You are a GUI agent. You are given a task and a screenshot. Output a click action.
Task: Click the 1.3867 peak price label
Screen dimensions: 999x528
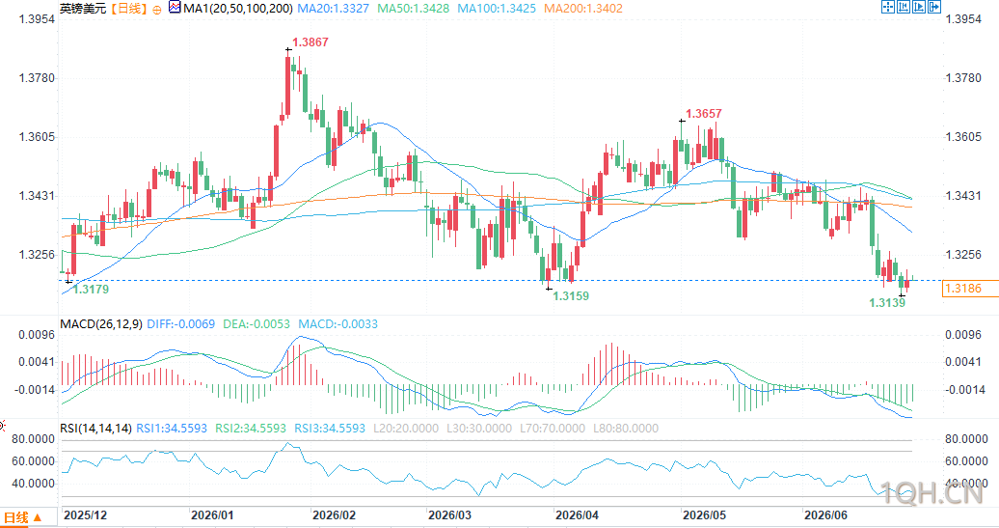(310, 42)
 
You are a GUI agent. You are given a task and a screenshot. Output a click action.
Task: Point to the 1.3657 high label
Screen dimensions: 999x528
(703, 114)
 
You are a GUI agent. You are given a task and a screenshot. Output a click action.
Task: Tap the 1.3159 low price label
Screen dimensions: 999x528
(571, 296)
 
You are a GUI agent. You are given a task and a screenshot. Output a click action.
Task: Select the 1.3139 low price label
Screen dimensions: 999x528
(887, 303)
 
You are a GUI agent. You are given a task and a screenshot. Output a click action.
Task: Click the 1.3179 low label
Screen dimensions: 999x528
(91, 290)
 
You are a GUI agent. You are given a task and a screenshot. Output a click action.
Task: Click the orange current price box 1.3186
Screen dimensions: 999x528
(963, 289)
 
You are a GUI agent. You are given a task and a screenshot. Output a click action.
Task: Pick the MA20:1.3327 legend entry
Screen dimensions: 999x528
(334, 9)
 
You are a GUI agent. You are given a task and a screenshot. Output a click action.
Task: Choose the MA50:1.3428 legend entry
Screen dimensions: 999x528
(413, 9)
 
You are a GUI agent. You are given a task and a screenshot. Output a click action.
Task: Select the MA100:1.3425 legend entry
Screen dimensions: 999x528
(497, 9)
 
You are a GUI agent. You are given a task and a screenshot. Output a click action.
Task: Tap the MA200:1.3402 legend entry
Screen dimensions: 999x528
(583, 9)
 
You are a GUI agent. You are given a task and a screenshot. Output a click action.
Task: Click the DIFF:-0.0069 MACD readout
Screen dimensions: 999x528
(181, 324)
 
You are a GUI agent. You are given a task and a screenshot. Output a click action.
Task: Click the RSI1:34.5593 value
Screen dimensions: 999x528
(172, 429)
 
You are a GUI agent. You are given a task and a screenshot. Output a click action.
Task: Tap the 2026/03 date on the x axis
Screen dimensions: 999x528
(449, 515)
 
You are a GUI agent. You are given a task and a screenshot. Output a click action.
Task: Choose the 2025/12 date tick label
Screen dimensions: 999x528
(86, 515)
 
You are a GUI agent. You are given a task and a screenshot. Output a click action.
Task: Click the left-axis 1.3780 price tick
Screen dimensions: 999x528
(37, 78)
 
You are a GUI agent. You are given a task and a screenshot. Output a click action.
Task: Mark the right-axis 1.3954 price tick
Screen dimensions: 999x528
(963, 19)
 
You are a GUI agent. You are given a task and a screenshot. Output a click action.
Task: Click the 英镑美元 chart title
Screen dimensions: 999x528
(83, 9)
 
